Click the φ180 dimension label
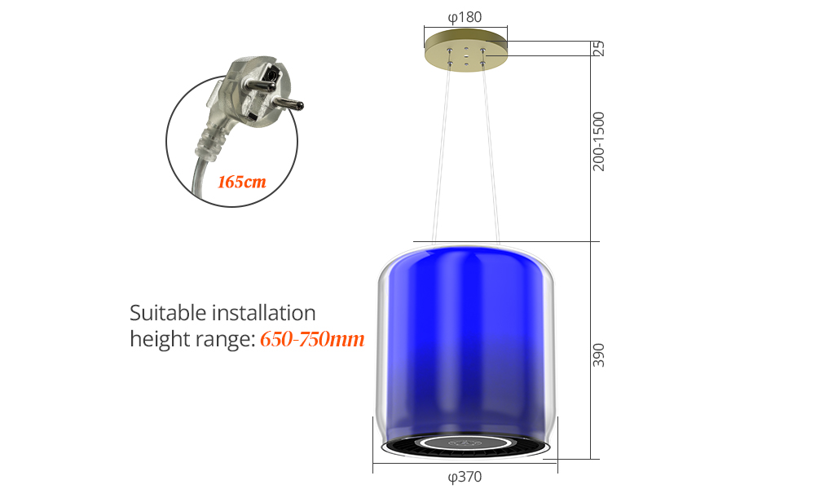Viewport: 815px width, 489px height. tap(465, 18)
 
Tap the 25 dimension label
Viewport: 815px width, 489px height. tap(599, 48)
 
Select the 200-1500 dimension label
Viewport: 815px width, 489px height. tap(599, 141)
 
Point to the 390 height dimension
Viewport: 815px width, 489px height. tap(599, 355)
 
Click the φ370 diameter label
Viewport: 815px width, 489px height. tap(465, 477)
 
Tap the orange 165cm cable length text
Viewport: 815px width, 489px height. tap(242, 182)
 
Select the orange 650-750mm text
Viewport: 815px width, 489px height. tap(312, 339)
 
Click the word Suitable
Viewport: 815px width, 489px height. tap(168, 313)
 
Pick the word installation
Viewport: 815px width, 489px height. tap(263, 313)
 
